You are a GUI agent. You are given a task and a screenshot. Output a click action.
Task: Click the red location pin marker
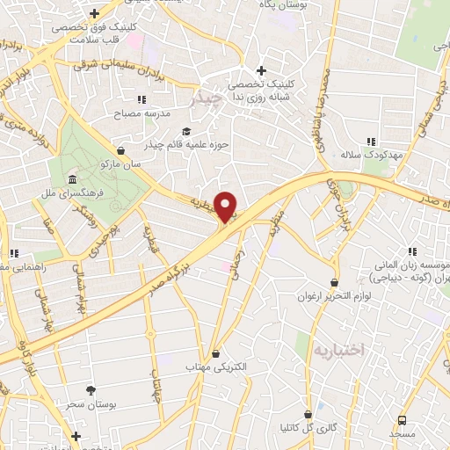[x=227, y=207]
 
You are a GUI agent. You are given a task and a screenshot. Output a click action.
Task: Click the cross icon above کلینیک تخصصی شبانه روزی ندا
[x=260, y=70]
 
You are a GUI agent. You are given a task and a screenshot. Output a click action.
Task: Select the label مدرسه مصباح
[x=139, y=114]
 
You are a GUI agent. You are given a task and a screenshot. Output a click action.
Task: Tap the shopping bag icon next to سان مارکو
[x=120, y=149]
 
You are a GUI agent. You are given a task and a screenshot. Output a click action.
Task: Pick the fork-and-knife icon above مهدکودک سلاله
[x=371, y=141]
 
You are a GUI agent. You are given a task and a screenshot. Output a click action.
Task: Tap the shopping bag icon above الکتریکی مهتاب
[x=215, y=352]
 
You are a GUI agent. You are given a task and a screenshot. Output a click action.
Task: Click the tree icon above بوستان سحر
[x=91, y=389]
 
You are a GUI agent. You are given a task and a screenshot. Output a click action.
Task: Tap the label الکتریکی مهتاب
[x=216, y=367]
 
